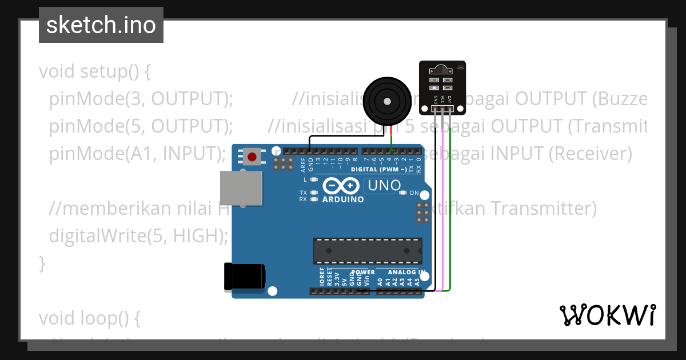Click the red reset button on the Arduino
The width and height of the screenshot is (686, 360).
tap(252, 156)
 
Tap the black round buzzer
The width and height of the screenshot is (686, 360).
tap(386, 102)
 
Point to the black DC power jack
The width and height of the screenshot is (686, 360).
tap(244, 277)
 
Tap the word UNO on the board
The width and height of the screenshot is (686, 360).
tap(384, 186)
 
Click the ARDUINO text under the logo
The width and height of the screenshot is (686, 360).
tap(343, 200)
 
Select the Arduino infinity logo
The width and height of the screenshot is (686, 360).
tap(341, 186)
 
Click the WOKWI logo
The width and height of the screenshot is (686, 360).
tap(607, 315)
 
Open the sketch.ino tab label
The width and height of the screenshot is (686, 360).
tap(101, 25)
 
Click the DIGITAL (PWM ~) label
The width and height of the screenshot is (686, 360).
tap(379, 169)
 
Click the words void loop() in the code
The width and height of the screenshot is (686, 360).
tap(89, 317)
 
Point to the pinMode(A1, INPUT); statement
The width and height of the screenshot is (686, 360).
tap(136, 153)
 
